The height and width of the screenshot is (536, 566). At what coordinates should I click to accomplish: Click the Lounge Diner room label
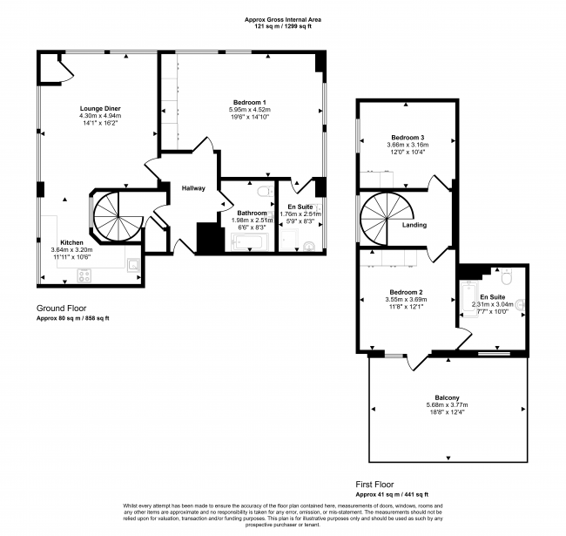tap(100, 107)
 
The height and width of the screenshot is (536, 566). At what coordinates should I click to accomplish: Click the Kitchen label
tap(71, 242)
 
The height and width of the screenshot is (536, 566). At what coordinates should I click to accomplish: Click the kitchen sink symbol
tap(133, 263)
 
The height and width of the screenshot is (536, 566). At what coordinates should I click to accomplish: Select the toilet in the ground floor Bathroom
tap(263, 189)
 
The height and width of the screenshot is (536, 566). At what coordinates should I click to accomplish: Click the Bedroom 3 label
tap(407, 139)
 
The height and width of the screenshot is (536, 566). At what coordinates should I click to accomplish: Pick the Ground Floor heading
tap(63, 309)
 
